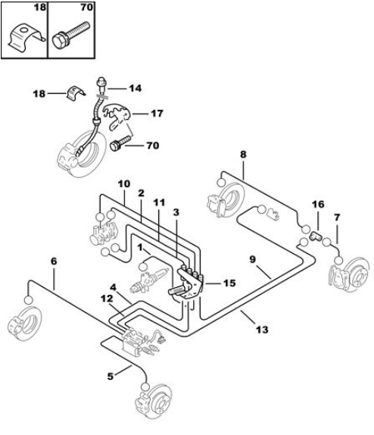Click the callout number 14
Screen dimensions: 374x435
[x=136, y=88]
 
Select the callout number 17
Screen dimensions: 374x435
[x=157, y=114]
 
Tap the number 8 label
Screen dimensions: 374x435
[x=243, y=155]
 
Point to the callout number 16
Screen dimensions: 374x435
[x=318, y=205]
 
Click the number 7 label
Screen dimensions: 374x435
[x=337, y=217]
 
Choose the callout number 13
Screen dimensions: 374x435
[x=262, y=330]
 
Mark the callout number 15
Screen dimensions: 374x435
[x=229, y=283]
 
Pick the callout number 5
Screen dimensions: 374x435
[x=111, y=377]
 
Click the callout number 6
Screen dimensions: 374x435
[x=54, y=261]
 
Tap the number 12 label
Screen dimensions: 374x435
[x=107, y=299]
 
